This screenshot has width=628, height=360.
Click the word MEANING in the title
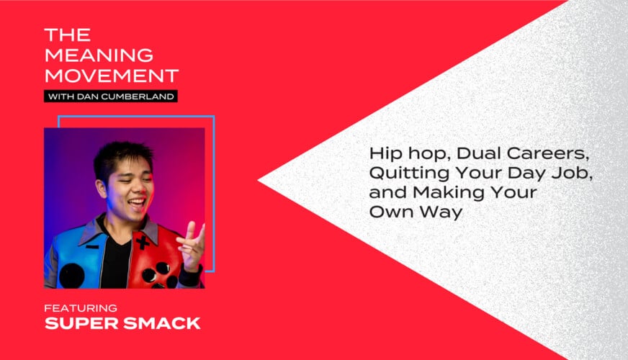pos(99,55)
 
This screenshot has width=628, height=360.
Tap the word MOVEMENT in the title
pos(112,76)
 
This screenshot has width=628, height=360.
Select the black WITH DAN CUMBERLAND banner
pos(111,96)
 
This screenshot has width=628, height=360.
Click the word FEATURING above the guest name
pos(81,308)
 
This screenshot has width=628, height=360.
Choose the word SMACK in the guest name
pos(162,323)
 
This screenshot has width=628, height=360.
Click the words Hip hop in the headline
pos(410,154)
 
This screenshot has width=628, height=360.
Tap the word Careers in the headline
pos(548,153)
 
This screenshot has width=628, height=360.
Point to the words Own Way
pos(416,212)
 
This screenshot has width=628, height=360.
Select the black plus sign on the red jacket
pos(143,243)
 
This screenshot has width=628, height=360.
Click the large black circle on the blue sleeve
pos(72,276)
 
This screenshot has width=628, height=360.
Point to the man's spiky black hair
pos(123,158)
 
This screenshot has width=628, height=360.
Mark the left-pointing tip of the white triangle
pos(259,180)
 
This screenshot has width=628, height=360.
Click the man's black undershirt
pos(117,261)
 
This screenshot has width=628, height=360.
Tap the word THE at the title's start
pos(68,35)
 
